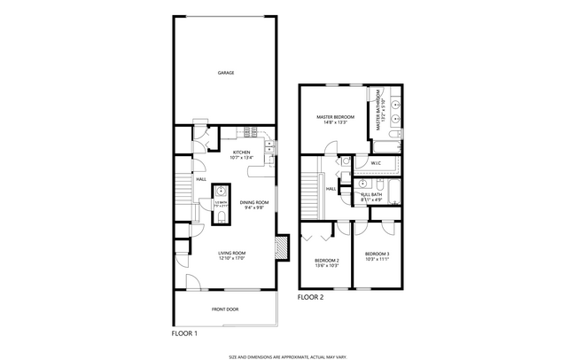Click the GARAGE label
(226, 73)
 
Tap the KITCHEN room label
(241, 152)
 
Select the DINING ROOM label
(253, 203)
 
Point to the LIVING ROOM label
(232, 253)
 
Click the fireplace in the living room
(283, 247)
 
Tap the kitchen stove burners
(250, 134)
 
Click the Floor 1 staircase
(183, 189)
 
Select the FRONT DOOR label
(224, 309)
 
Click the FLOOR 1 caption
(183, 333)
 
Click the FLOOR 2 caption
(310, 297)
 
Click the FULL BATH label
(371, 195)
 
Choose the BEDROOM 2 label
(326, 261)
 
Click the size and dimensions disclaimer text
(286, 355)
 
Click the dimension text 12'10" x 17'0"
(232, 258)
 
